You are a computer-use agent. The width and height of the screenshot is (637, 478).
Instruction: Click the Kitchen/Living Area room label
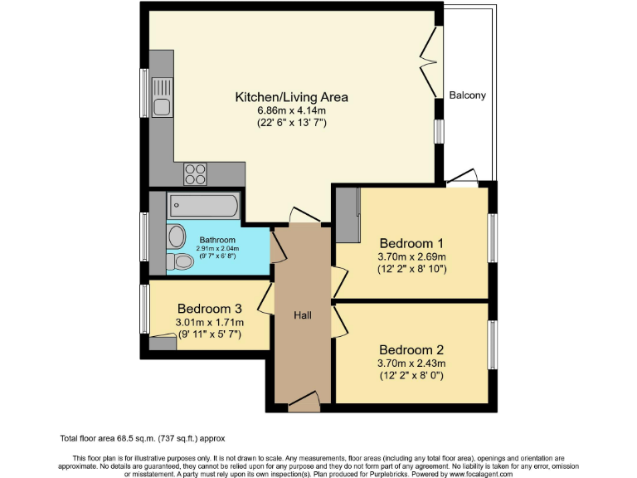291,97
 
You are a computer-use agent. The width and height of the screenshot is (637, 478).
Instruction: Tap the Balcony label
468,95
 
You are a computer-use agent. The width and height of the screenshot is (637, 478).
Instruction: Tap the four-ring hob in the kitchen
196,173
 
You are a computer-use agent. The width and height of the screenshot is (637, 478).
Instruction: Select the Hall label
303,315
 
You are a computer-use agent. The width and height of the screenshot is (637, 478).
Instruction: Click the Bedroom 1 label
411,243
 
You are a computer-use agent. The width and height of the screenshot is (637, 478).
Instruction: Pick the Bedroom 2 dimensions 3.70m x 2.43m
411,363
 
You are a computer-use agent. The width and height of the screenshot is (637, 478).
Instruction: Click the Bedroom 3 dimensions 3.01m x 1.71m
209,322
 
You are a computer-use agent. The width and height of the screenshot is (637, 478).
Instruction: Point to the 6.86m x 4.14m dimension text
291,110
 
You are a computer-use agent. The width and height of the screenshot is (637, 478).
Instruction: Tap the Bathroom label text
217,240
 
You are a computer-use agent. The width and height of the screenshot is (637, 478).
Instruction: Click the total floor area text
143,438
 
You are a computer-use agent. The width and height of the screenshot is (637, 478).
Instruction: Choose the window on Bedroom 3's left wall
143,311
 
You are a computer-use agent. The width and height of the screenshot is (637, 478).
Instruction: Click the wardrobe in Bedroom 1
348,215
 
